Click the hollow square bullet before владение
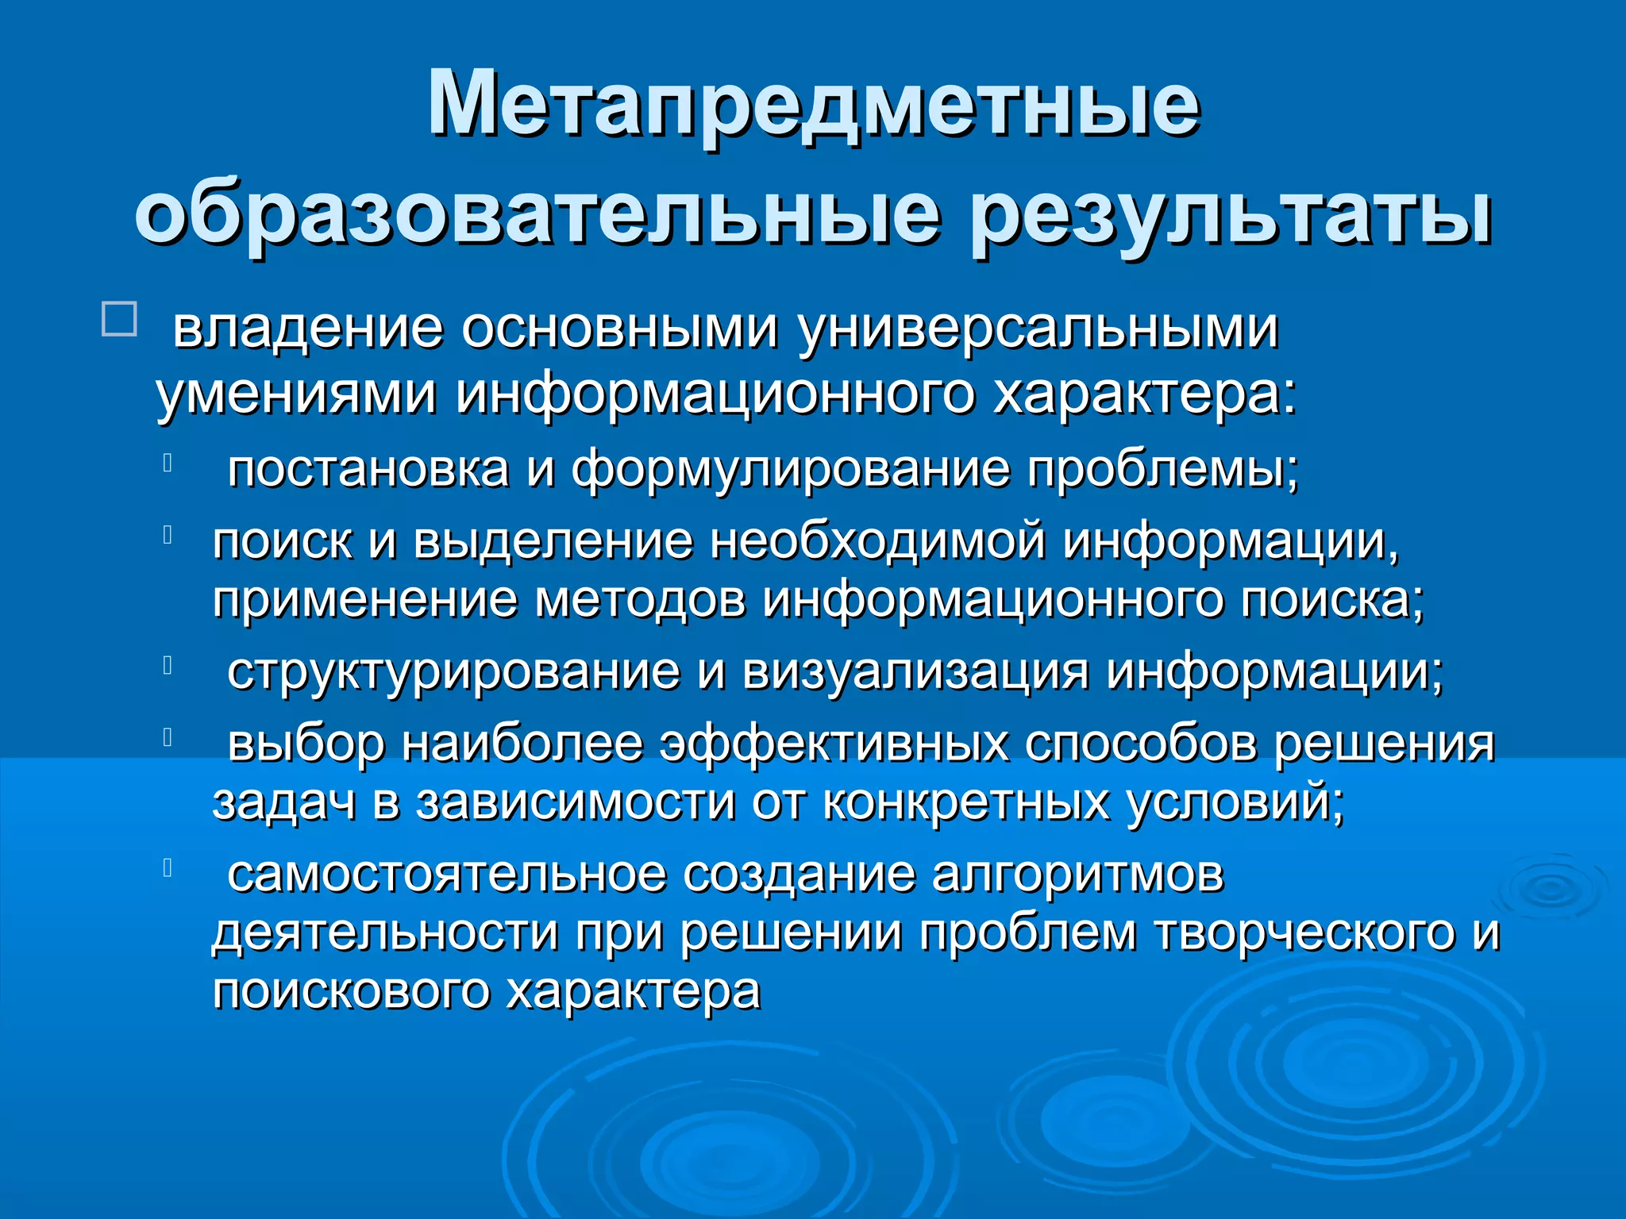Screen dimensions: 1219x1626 pyautogui.click(x=119, y=319)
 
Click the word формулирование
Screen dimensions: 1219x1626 pyautogui.click(x=791, y=468)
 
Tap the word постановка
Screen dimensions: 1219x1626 pyautogui.click(x=368, y=468)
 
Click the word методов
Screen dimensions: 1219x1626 pyautogui.click(x=639, y=600)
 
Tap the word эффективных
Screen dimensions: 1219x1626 pyautogui.click(x=834, y=744)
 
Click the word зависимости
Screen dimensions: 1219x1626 pyautogui.click(x=576, y=802)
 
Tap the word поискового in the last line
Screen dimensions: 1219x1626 pyautogui.click(x=350, y=991)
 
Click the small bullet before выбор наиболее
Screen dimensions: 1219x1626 pyautogui.click(x=168, y=737)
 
